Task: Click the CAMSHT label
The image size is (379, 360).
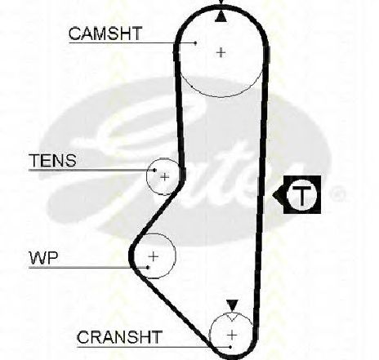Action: click(105, 33)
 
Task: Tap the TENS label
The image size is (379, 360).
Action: click(52, 161)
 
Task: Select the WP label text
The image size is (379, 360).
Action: click(43, 258)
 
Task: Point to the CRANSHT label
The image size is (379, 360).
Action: click(119, 337)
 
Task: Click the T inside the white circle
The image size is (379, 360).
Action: click(301, 195)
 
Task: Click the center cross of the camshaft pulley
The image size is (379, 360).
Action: click(221, 52)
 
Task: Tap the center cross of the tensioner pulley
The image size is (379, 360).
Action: click(164, 177)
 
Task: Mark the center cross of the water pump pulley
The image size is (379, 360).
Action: click(154, 256)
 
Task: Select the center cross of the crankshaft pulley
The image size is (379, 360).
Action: click(232, 335)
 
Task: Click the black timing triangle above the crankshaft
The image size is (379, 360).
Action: click(232, 305)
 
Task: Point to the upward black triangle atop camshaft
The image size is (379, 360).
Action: click(221, 16)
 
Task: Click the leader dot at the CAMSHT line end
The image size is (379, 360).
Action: click(195, 42)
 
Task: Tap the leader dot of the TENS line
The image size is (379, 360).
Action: click(154, 171)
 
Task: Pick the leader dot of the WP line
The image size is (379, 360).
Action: click(148, 268)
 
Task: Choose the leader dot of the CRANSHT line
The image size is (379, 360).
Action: click(230, 347)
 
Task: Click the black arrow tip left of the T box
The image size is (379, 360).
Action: click(273, 194)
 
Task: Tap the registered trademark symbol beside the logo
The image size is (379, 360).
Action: click(337, 193)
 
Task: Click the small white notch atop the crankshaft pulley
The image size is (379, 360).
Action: click(232, 317)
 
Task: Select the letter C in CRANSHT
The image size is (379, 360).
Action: click(82, 337)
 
